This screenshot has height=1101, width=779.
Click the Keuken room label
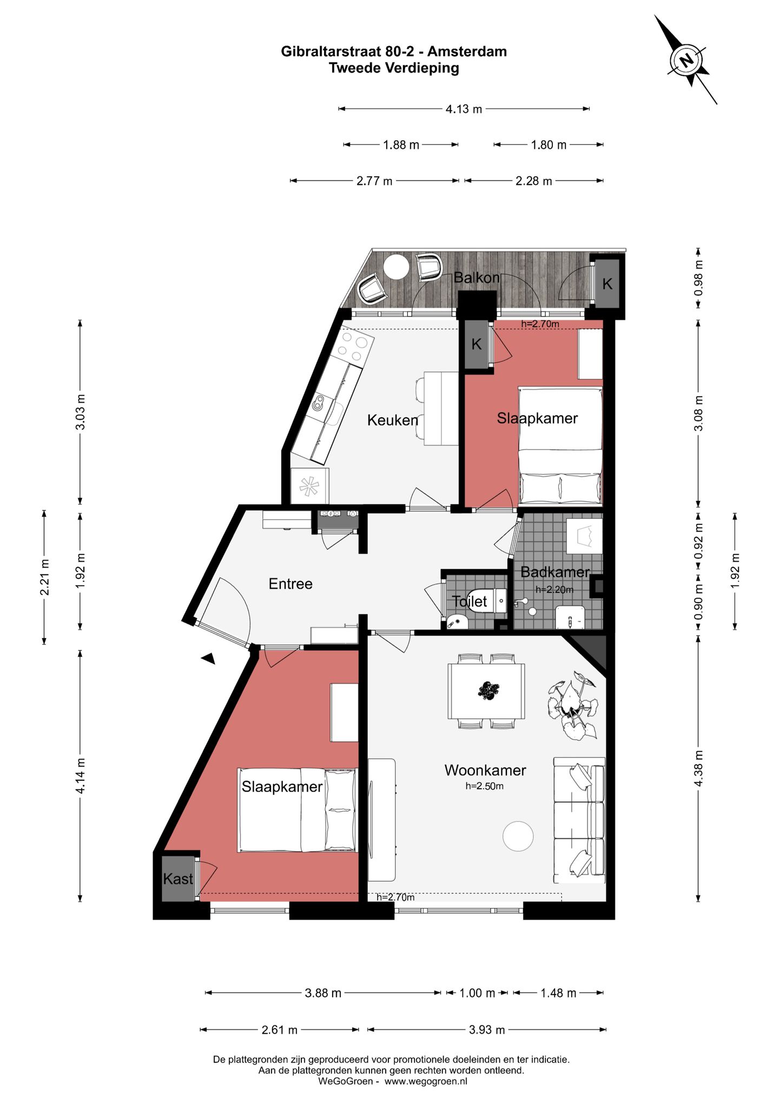coord(393,420)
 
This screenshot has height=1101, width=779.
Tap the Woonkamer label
coord(485,770)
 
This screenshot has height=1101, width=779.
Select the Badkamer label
coord(554,572)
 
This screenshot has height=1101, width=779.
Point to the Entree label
coord(291,584)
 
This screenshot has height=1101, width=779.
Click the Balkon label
coord(476,278)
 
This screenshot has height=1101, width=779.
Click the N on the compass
coord(686,60)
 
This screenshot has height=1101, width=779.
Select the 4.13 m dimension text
coord(464,109)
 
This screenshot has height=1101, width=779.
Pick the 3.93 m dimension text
coord(487,1030)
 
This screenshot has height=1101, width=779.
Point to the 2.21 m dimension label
coord(45,577)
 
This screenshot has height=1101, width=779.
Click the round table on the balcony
coord(397,266)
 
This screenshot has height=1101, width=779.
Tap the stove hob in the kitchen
coord(353,348)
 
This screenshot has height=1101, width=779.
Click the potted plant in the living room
coord(572,706)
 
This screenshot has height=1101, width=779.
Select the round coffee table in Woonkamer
coord(518,835)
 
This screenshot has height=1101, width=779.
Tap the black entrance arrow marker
coord(208,658)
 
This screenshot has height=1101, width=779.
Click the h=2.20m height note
coord(554,590)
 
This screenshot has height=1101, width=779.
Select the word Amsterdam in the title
coord(467,52)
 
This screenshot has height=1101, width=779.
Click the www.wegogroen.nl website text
coord(426,1082)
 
